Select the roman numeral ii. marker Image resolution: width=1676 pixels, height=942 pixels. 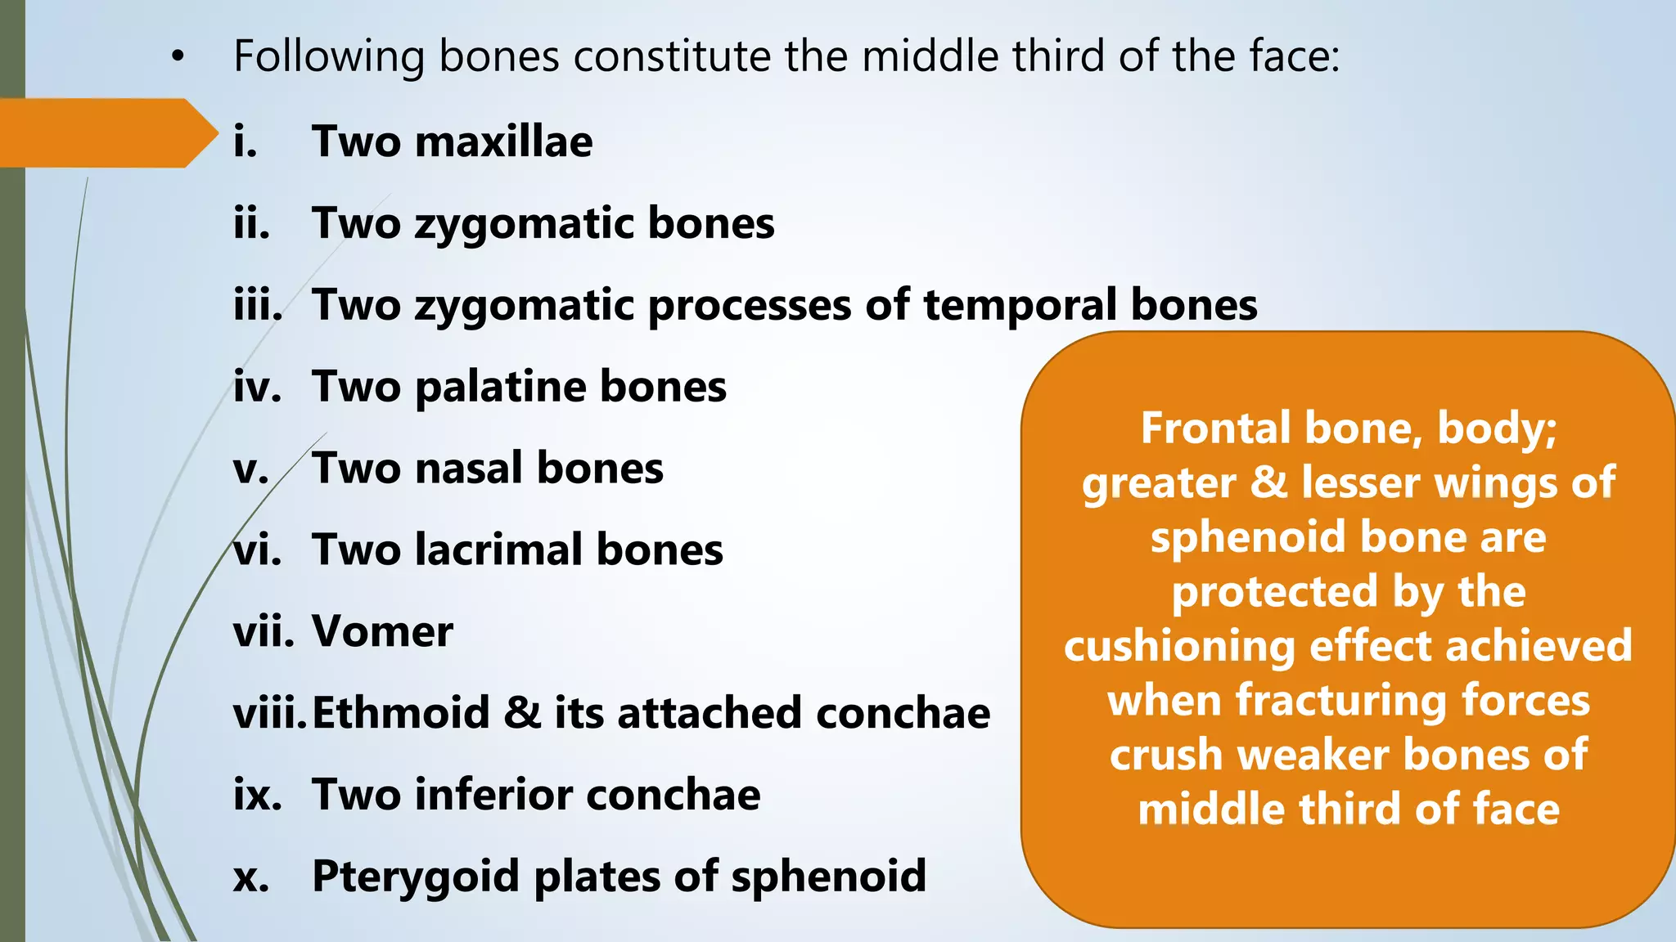pyautogui.click(x=251, y=223)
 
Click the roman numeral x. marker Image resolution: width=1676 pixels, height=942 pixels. pyautogui.click(x=250, y=878)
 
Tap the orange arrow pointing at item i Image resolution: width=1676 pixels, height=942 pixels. pyautogui.click(x=106, y=133)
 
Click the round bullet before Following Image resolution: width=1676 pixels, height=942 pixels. pyautogui.click(x=178, y=57)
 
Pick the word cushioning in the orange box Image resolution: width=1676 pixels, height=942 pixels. pyautogui.click(x=1178, y=646)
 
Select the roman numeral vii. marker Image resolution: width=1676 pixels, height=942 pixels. pyautogui.click(x=263, y=632)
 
